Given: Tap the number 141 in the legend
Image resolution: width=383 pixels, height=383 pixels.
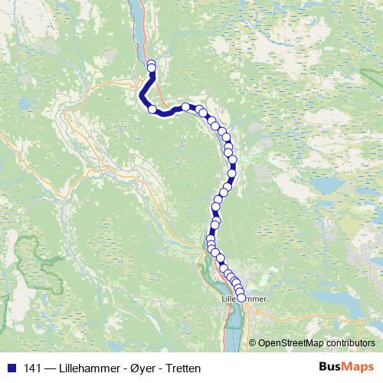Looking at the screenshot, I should click(32, 368).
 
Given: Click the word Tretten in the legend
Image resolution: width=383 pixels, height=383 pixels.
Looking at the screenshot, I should click(184, 368).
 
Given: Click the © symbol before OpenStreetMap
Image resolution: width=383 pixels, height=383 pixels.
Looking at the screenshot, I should click(253, 343).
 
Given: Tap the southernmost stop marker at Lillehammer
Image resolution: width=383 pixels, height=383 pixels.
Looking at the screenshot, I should click(241, 298).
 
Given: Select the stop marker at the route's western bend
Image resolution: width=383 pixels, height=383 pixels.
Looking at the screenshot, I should click(152, 110).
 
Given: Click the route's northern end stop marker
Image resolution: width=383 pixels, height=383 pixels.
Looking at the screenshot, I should click(151, 64).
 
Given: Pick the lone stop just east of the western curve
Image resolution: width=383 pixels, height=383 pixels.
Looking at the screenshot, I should click(185, 106).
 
